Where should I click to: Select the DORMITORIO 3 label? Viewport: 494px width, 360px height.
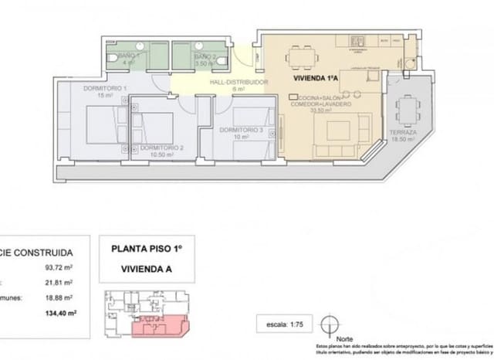click(x=239, y=130)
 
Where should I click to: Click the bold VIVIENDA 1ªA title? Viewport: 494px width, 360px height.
click(x=318, y=79)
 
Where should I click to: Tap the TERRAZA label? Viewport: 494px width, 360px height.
click(x=403, y=132)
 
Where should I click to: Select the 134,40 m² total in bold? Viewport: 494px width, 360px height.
click(x=59, y=313)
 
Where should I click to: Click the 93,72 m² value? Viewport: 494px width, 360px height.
click(x=60, y=268)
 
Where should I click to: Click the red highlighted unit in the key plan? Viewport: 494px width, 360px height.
click(x=158, y=328)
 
